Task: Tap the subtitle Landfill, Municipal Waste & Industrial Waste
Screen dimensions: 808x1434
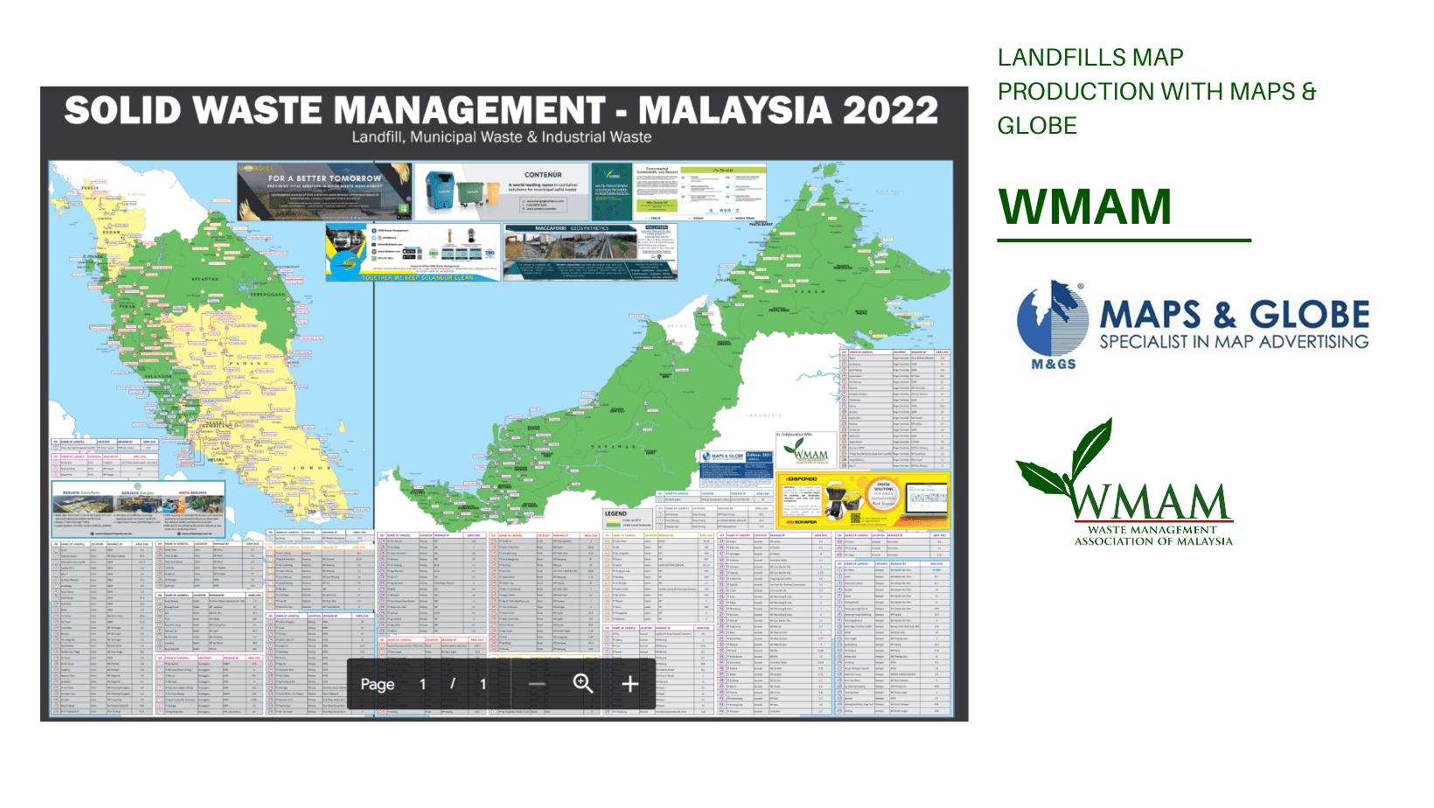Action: (x=501, y=137)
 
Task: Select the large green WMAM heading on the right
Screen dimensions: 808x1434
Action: (x=1084, y=207)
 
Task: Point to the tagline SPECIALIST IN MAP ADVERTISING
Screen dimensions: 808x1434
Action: (x=1234, y=342)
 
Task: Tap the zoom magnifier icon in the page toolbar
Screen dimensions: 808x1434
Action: (x=583, y=684)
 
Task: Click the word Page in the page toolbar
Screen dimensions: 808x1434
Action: (x=378, y=685)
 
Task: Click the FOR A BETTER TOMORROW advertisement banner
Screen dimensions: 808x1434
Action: (x=324, y=191)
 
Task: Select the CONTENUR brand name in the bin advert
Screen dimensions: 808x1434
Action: (x=543, y=175)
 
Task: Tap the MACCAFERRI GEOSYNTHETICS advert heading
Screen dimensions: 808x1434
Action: (x=572, y=228)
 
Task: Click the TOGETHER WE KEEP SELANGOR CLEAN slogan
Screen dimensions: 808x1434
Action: (x=418, y=278)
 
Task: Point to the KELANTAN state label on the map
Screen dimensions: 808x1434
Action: (x=205, y=279)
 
